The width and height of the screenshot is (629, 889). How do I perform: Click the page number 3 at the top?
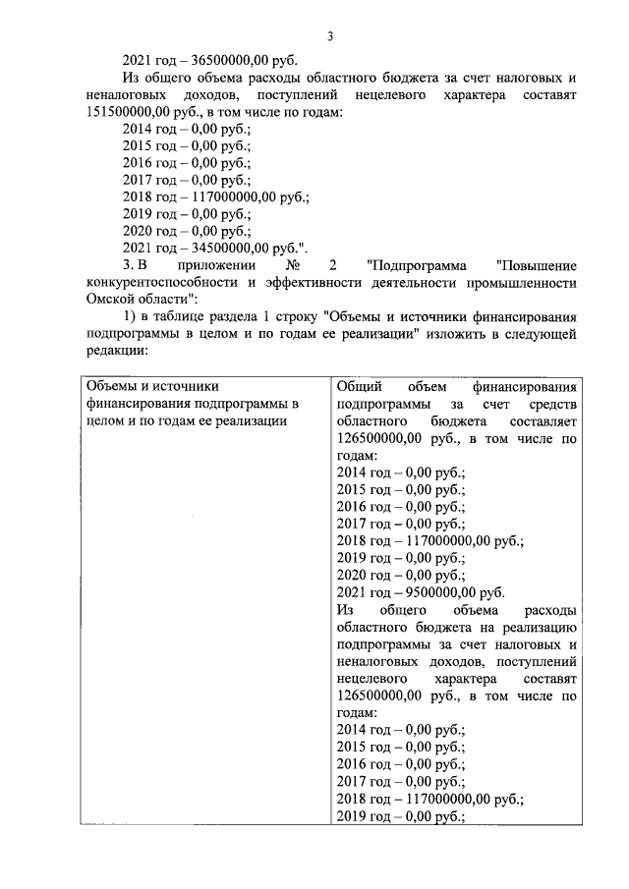(x=331, y=36)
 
